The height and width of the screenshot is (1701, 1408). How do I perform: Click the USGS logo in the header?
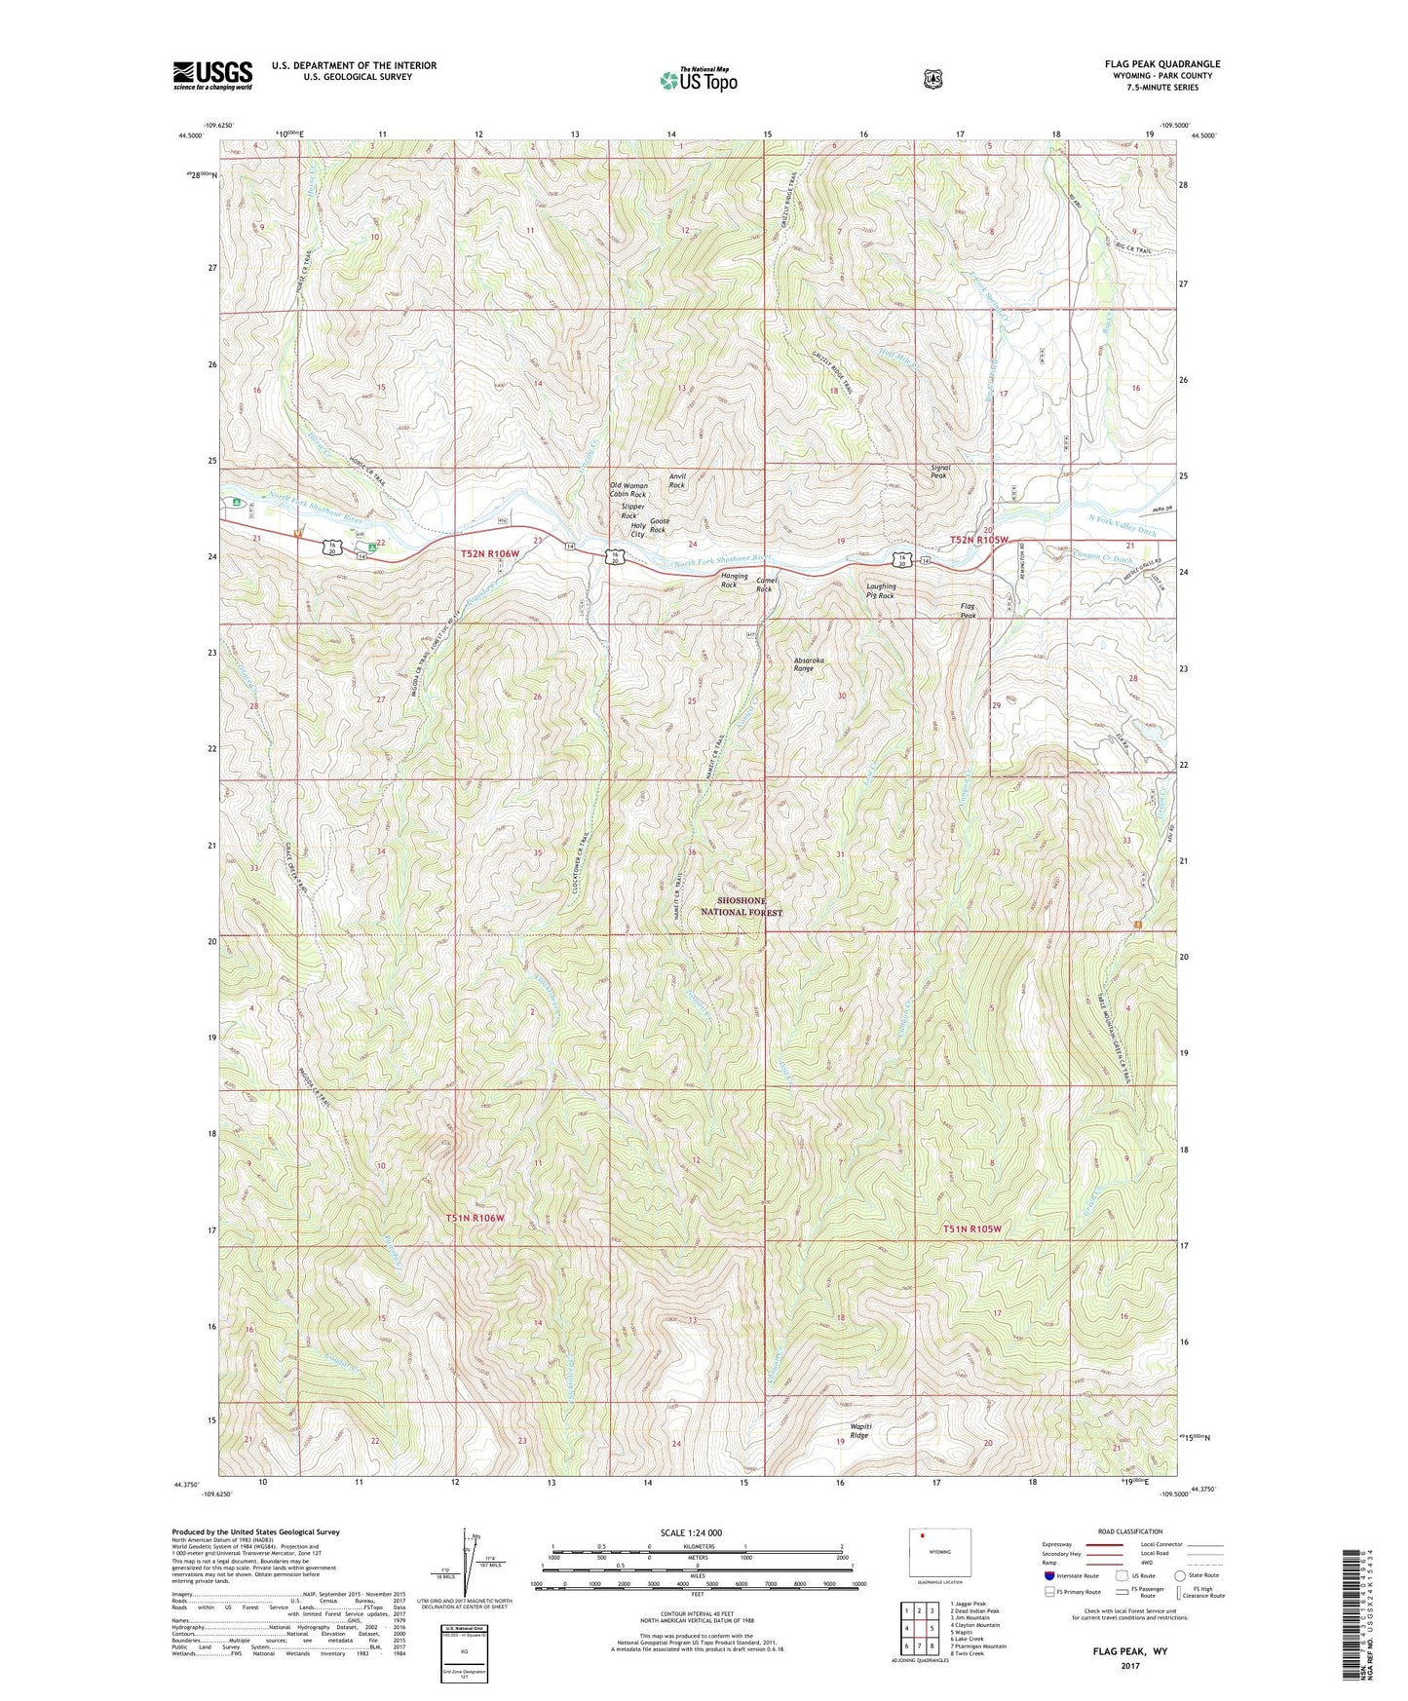point(212,75)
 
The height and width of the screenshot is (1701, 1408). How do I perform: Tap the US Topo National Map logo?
point(698,79)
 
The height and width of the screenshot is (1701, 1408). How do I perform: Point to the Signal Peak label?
point(940,472)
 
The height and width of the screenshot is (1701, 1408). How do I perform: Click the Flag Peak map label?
point(968,611)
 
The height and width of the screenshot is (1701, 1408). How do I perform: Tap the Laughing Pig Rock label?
point(881,591)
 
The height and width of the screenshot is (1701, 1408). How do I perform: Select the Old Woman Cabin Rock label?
point(628,490)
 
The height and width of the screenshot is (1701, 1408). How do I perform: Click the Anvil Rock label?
point(677,480)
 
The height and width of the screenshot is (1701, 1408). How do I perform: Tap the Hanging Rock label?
point(735,581)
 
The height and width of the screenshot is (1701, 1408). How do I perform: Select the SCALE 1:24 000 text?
point(691,1532)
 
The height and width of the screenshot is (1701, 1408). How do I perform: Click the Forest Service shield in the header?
point(932,79)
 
